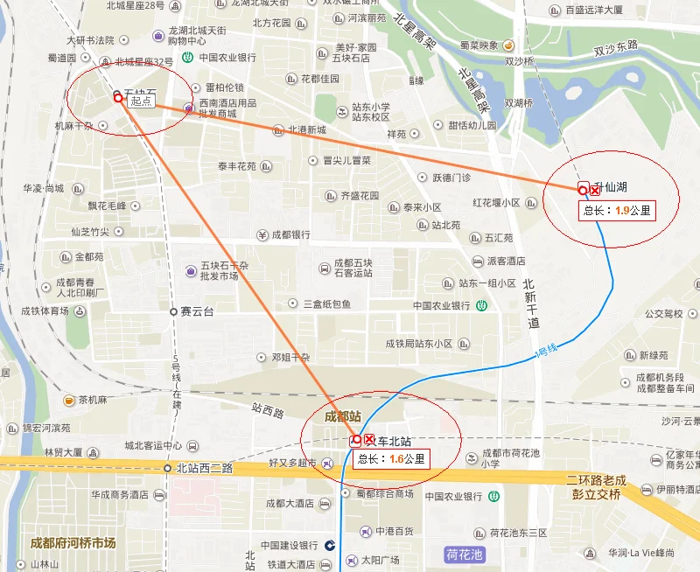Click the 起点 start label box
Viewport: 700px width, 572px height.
[x=142, y=101]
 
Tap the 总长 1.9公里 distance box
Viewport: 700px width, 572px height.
[x=618, y=210]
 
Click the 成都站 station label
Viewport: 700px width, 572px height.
[x=342, y=416]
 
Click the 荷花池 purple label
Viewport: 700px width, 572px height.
[x=464, y=553]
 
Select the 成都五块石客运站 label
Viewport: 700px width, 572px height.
[x=353, y=267]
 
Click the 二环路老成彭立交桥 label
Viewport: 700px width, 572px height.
[x=593, y=487]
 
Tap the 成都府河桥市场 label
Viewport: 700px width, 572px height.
[x=73, y=542]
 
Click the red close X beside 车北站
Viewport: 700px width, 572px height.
[x=369, y=440]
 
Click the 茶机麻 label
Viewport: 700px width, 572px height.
[x=92, y=400]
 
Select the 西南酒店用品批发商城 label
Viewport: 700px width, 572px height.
[x=228, y=108]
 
